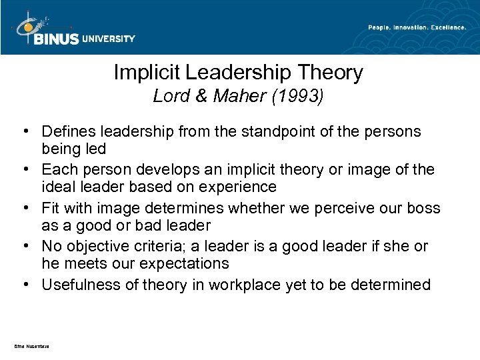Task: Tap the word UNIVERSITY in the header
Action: tap(108, 39)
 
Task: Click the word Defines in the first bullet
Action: tap(66, 132)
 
